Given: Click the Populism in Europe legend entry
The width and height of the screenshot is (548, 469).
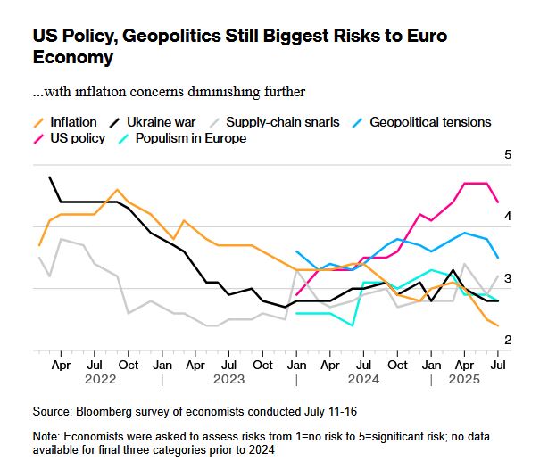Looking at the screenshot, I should [188, 138].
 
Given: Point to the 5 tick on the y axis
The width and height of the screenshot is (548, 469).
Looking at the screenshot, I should [508, 155].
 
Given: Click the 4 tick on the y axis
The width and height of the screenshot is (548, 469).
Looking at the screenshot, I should [508, 217].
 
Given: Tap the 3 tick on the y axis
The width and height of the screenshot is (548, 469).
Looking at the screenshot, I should [508, 279].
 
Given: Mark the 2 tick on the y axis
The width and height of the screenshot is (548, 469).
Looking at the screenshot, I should [508, 341].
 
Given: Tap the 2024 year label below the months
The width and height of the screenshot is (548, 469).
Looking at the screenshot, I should [362, 379].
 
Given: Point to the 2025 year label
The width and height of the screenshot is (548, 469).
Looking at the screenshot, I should [464, 379].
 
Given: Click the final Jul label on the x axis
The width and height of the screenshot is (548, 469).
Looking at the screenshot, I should [498, 365].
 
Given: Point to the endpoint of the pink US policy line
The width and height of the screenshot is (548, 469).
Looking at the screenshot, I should [498, 203].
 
